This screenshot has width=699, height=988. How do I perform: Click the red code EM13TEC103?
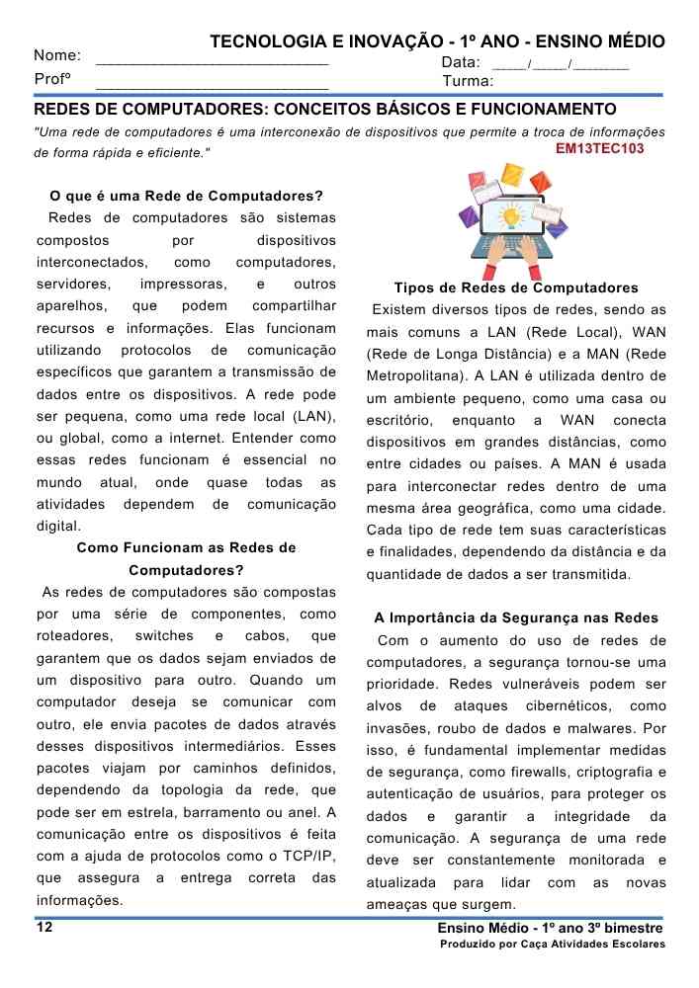coord(599,149)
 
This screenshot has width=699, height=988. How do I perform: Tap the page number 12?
coord(44,927)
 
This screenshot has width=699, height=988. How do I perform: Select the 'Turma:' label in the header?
coord(469,81)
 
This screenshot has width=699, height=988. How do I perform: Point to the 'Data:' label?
coord(461,62)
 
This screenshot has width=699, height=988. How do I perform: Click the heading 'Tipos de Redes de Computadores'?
coord(515,288)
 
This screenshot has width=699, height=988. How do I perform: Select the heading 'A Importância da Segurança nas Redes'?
coord(515,618)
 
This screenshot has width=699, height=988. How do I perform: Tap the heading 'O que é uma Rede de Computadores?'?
coord(186,196)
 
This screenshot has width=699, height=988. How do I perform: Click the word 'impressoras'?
coord(184,285)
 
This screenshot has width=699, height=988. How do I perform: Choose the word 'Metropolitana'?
coord(412,376)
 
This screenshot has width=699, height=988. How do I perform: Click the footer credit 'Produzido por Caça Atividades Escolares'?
coord(553,945)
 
